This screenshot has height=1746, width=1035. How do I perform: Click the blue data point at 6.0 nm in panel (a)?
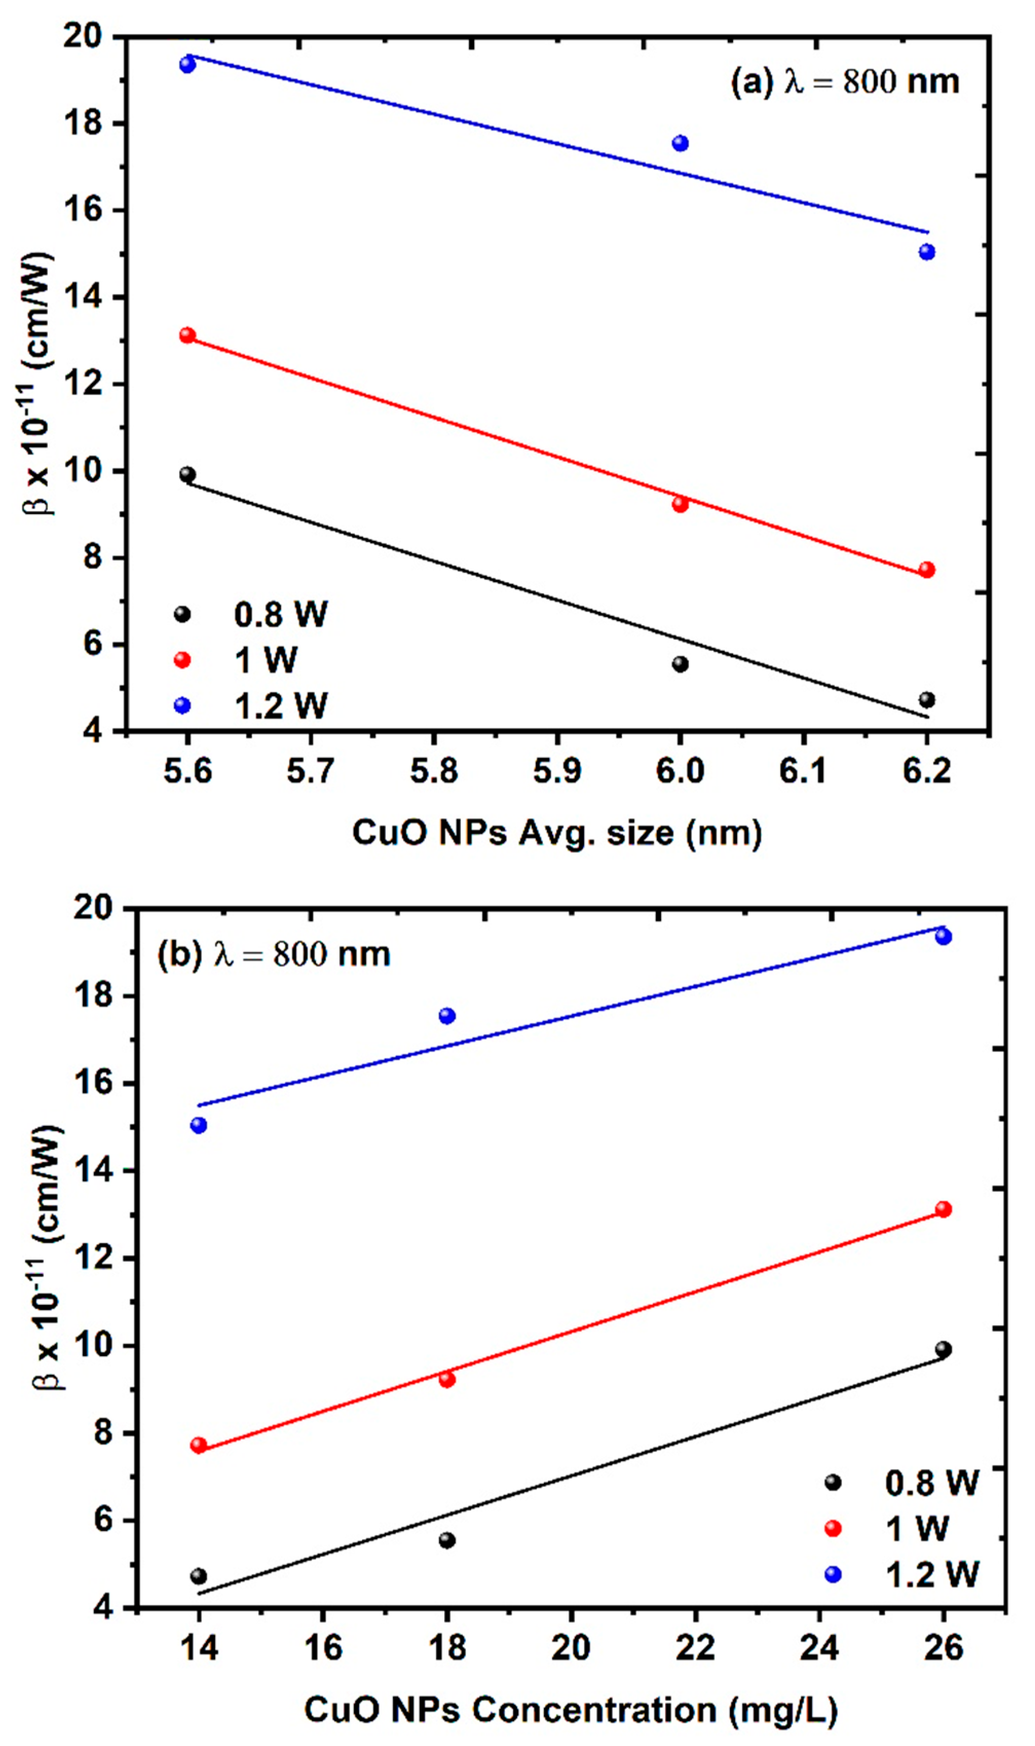pyautogui.click(x=680, y=143)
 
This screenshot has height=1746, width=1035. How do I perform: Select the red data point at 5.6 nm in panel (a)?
pyautogui.click(x=187, y=335)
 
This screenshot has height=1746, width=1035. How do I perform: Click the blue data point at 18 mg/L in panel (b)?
pyautogui.click(x=447, y=1016)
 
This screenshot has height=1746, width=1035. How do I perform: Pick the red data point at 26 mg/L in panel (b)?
pyautogui.click(x=944, y=1209)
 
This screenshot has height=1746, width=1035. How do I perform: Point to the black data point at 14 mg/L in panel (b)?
pyautogui.click(x=199, y=1576)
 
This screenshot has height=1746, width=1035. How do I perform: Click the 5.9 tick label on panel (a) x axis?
pyautogui.click(x=557, y=771)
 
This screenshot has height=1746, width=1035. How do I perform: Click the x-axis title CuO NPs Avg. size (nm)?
pyautogui.click(x=557, y=833)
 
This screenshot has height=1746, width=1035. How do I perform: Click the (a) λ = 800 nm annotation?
pyautogui.click(x=844, y=82)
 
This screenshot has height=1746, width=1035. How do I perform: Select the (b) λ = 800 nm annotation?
pyautogui.click(x=273, y=954)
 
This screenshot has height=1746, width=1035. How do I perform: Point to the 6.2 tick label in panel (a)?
pyautogui.click(x=927, y=771)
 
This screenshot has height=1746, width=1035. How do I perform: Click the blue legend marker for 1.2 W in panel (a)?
pyautogui.click(x=182, y=706)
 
